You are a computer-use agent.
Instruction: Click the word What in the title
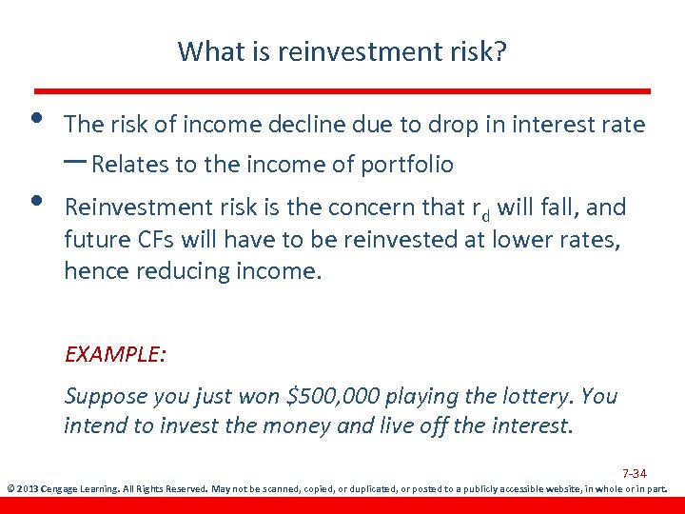[x=206, y=50]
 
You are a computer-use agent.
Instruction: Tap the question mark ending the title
[x=500, y=50]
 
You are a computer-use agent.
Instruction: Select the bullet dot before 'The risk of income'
[x=35, y=118]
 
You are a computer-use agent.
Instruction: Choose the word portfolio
[x=407, y=165]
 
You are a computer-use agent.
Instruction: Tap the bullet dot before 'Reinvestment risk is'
[x=35, y=200]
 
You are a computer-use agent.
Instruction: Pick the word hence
[x=91, y=271]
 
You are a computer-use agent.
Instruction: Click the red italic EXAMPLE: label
[x=115, y=354]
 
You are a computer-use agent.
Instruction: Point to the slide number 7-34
[x=635, y=473]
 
